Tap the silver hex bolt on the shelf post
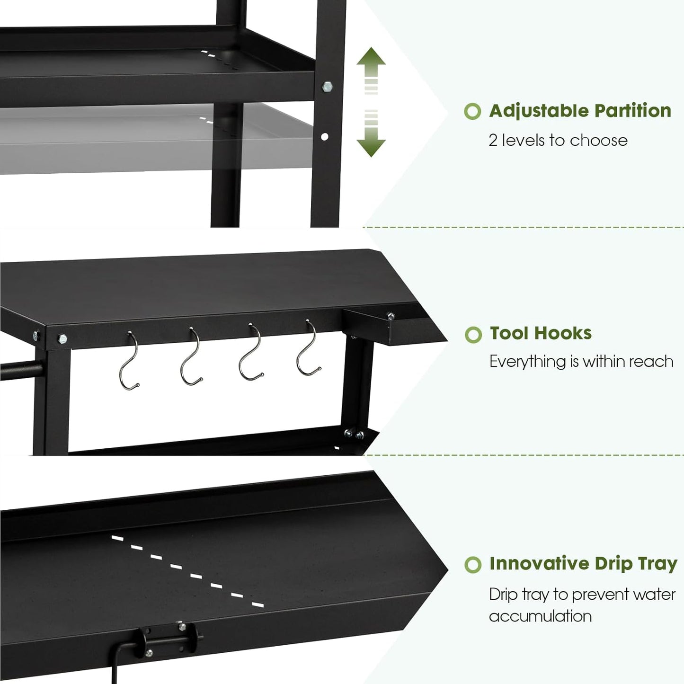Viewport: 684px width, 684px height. [x=327, y=87]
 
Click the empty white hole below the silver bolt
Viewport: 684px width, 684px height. [x=325, y=137]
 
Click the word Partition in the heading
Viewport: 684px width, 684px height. [x=633, y=111]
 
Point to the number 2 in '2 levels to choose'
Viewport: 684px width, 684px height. [x=493, y=141]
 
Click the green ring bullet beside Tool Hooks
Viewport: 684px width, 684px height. [x=473, y=335]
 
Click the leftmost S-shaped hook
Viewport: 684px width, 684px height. [x=129, y=362]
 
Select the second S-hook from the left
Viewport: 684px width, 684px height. [x=190, y=357]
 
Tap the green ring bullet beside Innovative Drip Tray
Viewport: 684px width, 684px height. [x=473, y=565]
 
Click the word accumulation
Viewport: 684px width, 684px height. [x=540, y=616]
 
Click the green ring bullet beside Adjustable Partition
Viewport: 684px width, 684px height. [x=472, y=112]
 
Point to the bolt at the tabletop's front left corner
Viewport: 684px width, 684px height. [x=62, y=339]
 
